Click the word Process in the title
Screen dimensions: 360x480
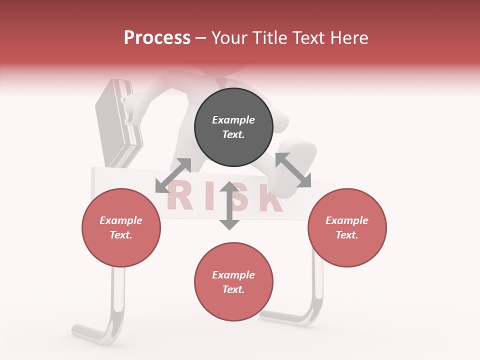pyautogui.click(x=157, y=38)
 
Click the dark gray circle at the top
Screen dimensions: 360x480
pyautogui.click(x=233, y=127)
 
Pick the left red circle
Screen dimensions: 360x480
pyautogui.click(x=121, y=227)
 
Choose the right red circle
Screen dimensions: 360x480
pyautogui.click(x=347, y=227)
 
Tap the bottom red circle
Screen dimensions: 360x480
pyautogui.click(x=233, y=281)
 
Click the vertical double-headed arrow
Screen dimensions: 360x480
pyautogui.click(x=229, y=205)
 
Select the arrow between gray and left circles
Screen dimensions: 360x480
pyautogui.click(x=173, y=175)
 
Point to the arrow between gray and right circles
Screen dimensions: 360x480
pyautogui.click(x=293, y=170)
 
